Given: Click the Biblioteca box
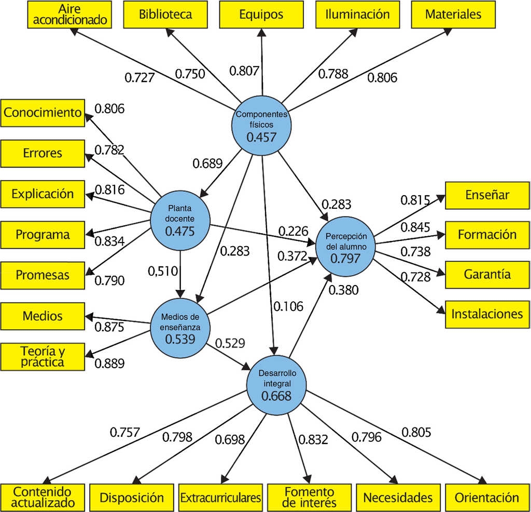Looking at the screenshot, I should tap(165, 15).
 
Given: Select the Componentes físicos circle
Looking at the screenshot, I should tap(261, 126).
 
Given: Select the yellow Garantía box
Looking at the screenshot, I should tap(487, 274).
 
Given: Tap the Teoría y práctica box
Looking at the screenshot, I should tap(43, 356).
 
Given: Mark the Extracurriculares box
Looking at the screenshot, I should tap(221, 497).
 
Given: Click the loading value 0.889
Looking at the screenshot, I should tap(109, 363).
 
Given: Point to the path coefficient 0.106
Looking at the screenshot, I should tap(288, 306).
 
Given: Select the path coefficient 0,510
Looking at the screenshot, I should tap(163, 270).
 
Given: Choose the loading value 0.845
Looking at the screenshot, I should tap(415, 227).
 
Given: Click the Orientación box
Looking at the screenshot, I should tap(487, 497).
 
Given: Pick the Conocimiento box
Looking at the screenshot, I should tap(43, 113).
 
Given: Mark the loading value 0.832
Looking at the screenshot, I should tap(313, 440).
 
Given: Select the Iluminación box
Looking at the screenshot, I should tap(357, 15).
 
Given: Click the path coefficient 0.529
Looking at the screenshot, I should tap(230, 343).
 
